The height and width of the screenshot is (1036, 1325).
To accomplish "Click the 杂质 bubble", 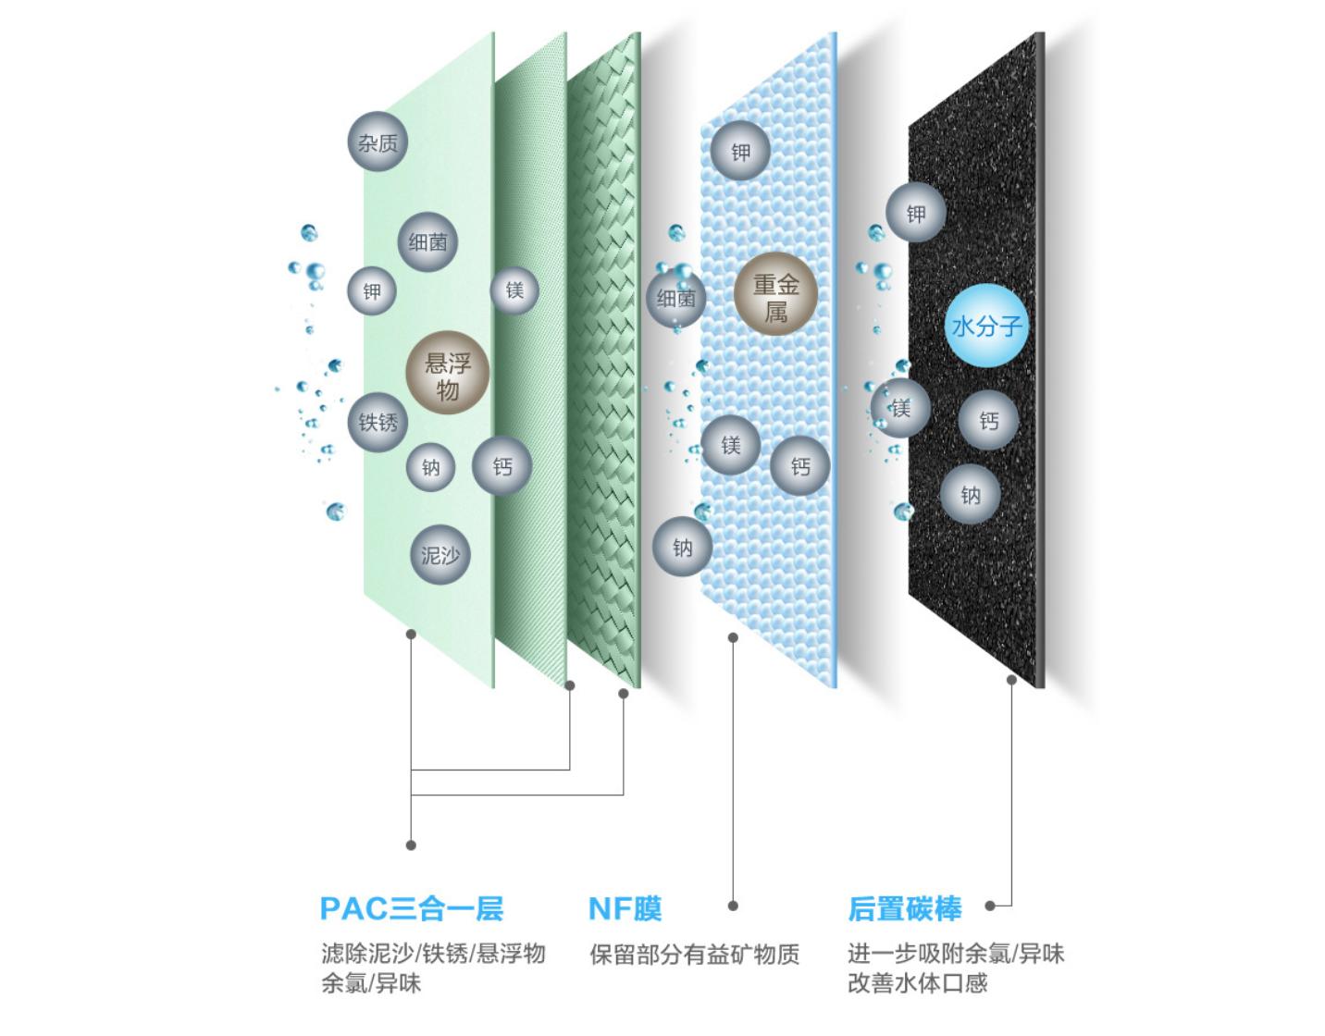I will click(x=378, y=142).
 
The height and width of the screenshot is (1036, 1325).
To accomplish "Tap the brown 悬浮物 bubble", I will click(x=447, y=374).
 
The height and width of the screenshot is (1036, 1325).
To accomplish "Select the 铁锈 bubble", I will click(x=378, y=423).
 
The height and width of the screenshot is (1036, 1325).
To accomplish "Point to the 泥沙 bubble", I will click(x=440, y=555).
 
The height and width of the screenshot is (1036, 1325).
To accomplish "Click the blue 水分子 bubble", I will click(x=986, y=327).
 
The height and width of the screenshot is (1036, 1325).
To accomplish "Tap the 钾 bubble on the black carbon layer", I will click(x=916, y=215).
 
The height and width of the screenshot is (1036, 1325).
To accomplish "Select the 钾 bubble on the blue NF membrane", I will click(x=740, y=153).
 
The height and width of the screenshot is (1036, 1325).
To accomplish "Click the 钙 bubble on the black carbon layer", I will click(x=989, y=422).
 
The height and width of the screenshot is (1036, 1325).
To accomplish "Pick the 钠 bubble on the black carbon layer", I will click(x=970, y=496).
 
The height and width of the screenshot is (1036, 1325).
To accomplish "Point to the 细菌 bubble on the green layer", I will click(x=427, y=242).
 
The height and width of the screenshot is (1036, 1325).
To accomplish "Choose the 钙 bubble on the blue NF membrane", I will click(x=799, y=466).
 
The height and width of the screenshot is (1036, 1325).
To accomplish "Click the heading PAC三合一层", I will click(x=411, y=908).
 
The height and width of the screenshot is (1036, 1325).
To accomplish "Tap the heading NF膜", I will click(x=625, y=908).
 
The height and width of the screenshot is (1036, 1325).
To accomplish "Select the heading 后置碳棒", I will click(x=904, y=908).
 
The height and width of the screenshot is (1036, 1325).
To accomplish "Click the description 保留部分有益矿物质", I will click(x=694, y=954).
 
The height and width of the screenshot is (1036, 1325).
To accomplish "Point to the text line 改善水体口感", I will click(x=917, y=982).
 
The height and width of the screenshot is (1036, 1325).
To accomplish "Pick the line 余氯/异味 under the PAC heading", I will click(x=371, y=982).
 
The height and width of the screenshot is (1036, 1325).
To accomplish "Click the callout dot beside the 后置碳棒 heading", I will click(x=990, y=906).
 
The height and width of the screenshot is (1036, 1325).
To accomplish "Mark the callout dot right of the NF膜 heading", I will click(x=733, y=906).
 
